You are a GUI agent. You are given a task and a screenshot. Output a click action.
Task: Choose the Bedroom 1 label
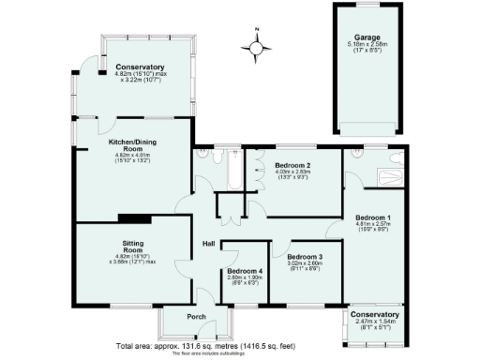(x=374, y=217)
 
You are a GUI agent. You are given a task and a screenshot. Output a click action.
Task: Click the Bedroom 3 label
(x=305, y=257)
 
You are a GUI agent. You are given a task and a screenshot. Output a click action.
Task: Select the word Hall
(x=211, y=245)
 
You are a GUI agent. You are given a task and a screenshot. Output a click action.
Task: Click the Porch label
(x=195, y=316)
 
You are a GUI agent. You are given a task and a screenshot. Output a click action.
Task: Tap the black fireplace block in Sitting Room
(x=130, y=218)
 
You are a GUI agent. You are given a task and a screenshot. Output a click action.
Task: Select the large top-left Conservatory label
(x=140, y=67)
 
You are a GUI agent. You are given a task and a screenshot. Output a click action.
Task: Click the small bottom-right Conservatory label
(x=374, y=314)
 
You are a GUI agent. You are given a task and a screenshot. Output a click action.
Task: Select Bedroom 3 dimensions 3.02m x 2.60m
(x=305, y=263)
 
